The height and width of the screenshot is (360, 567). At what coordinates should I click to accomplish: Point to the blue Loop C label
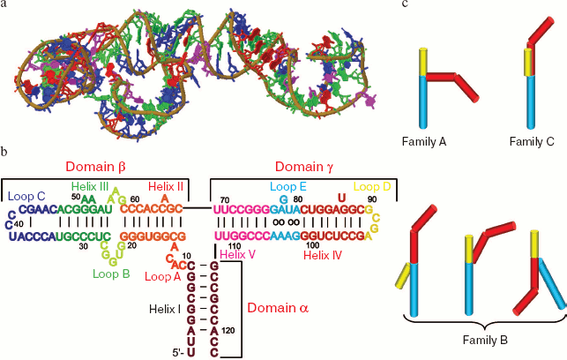(x=28, y=195)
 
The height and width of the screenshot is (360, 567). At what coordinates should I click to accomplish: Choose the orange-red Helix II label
(x=165, y=186)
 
